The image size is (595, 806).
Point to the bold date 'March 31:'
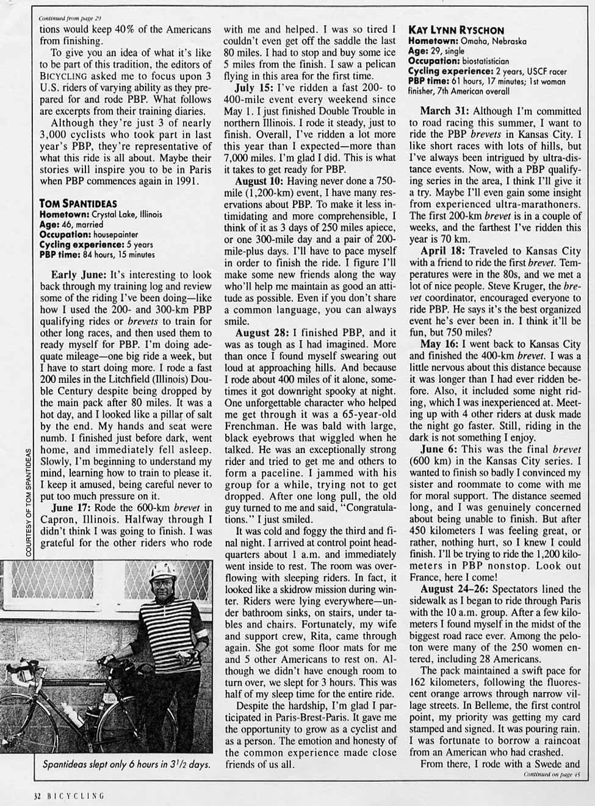[445, 111]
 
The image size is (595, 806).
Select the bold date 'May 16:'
[439, 344]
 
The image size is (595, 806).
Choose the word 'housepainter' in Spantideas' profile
[114, 234]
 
